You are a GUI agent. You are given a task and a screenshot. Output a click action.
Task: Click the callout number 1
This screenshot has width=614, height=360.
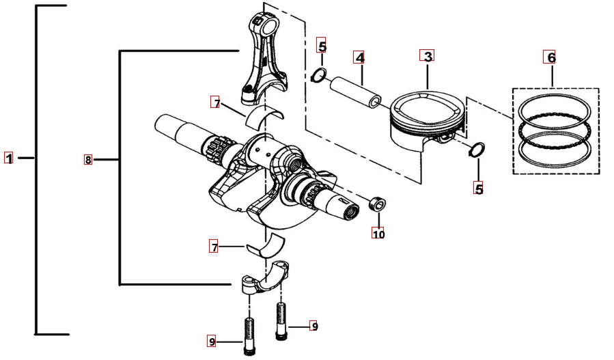pyautogui.click(x=8, y=158)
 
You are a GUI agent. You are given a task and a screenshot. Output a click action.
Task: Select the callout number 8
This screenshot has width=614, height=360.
pyautogui.click(x=88, y=160)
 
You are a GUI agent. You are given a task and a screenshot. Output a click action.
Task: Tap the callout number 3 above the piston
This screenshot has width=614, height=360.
pyautogui.click(x=428, y=56)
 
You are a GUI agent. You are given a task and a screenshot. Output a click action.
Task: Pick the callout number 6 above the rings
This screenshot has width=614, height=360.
pyautogui.click(x=551, y=57)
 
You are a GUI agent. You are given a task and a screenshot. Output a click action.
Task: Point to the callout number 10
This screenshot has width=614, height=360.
pyautogui.click(x=378, y=234)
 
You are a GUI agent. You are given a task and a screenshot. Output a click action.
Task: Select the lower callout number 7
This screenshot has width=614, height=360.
pyautogui.click(x=215, y=246)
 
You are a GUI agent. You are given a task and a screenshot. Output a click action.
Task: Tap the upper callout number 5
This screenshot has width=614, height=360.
pyautogui.click(x=322, y=46)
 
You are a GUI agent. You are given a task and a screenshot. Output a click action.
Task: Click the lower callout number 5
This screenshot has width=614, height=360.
pyautogui.click(x=479, y=189)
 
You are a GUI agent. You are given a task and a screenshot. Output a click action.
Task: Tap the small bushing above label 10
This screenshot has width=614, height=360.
pyautogui.click(x=377, y=204)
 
